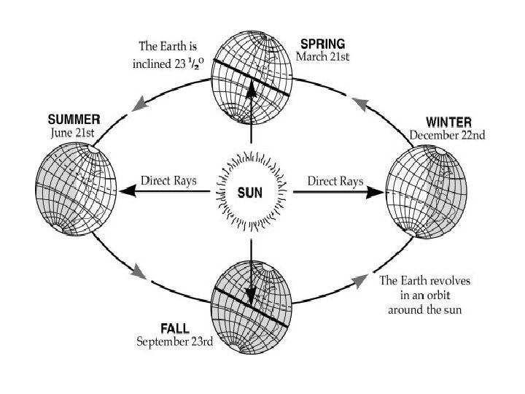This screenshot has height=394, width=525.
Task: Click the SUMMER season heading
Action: pos(74,118)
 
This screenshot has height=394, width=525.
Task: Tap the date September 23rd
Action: pos(175,341)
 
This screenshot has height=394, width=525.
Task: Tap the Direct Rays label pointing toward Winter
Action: pos(332,179)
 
